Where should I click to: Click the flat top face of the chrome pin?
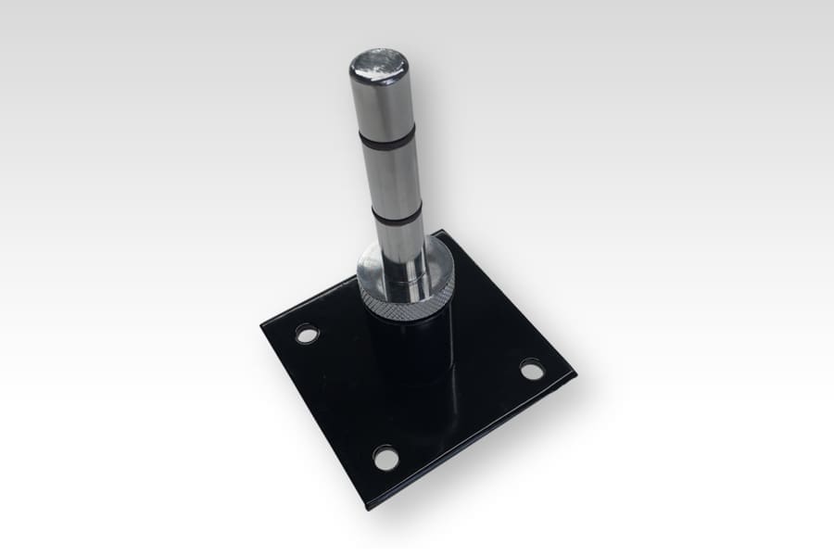tap(378, 66)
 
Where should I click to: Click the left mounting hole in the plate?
tap(307, 333)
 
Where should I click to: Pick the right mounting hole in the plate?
tap(532, 370)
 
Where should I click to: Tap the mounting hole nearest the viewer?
tap(385, 456)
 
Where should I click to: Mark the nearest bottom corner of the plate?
tap(369, 507)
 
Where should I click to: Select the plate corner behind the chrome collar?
tap(443, 232)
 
